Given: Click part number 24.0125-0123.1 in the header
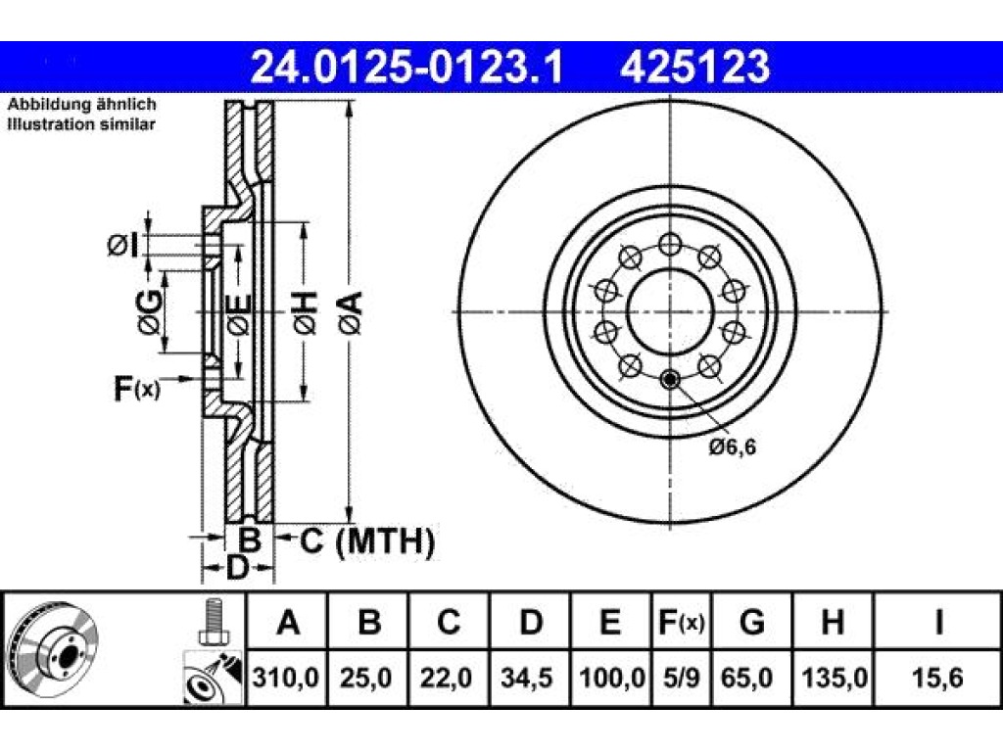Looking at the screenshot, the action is [406, 68].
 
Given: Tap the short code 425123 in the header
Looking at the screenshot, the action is [694, 68].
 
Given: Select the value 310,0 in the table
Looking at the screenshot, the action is [285, 678].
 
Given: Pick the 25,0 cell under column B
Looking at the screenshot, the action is [366, 678].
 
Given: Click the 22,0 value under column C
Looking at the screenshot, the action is [447, 678].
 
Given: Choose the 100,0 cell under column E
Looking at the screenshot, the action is [611, 678].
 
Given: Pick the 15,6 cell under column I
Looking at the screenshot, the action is [937, 678].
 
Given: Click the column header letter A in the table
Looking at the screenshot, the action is [288, 622].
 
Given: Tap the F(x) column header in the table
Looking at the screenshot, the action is [682, 622].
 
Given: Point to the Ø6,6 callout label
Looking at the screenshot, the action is [733, 446].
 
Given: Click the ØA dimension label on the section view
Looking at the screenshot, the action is [352, 312].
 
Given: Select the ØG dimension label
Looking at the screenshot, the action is [150, 312].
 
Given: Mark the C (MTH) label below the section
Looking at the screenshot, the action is [367, 541].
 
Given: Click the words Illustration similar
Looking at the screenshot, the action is [80, 124].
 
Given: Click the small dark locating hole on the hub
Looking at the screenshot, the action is [669, 381].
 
